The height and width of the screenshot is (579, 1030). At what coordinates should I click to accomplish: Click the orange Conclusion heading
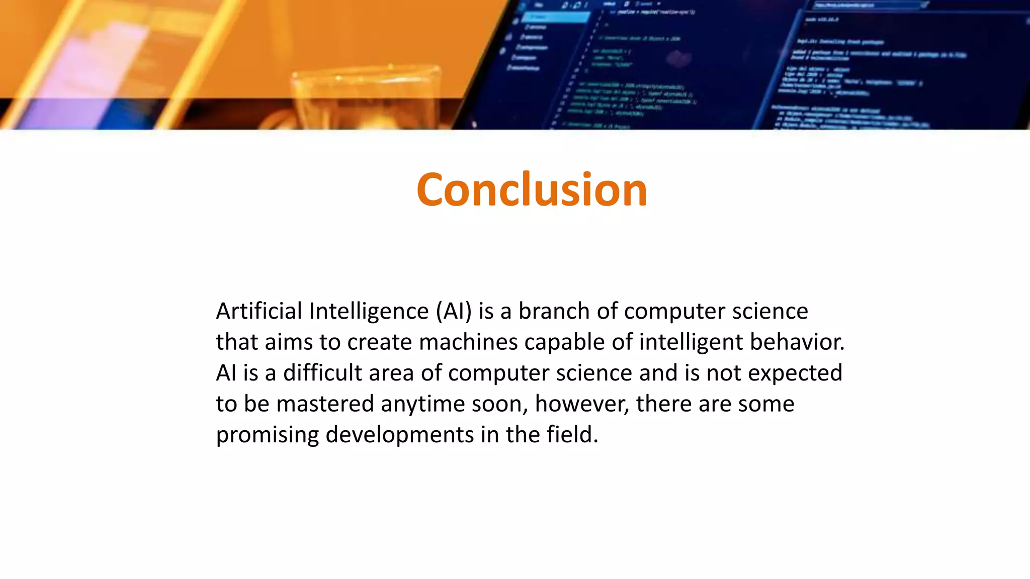click(x=532, y=189)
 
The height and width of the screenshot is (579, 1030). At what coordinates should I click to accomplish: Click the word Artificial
click(x=259, y=311)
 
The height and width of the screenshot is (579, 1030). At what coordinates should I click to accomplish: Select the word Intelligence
click(x=369, y=311)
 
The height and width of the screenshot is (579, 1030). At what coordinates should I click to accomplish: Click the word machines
click(x=468, y=342)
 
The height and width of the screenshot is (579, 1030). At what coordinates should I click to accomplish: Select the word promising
click(x=267, y=435)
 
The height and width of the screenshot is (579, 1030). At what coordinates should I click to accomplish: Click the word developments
click(x=399, y=435)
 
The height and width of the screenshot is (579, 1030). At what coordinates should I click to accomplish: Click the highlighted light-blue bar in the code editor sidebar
click(x=556, y=18)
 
